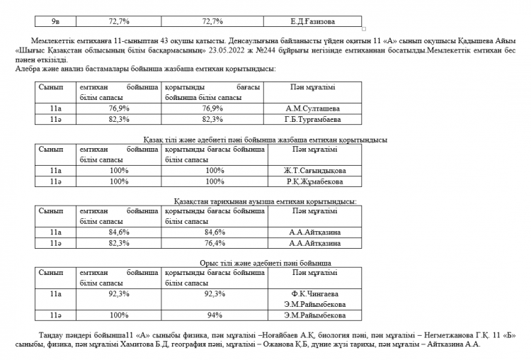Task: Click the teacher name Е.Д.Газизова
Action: tap(312, 22)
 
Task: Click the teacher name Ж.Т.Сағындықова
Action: tap(314, 171)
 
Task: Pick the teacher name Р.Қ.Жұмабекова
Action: tap(314, 182)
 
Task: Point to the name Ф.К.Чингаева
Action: tap(315, 293)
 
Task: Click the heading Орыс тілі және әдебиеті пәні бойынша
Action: tap(265, 263)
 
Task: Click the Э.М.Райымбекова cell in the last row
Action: tap(315, 315)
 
